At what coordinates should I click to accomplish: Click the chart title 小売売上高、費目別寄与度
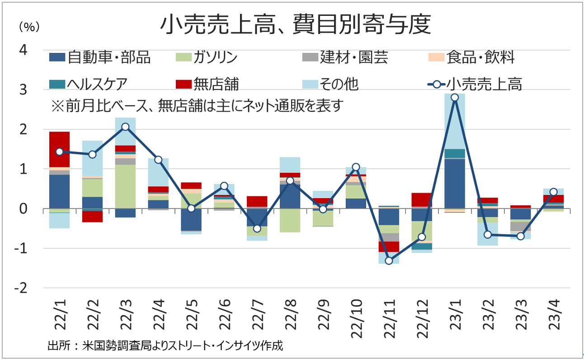[x=296, y=25]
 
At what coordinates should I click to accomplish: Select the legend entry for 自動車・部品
[x=100, y=57]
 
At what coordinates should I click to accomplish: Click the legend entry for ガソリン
[x=206, y=57]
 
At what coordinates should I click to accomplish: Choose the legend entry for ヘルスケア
[x=89, y=84]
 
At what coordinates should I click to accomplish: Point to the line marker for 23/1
[x=455, y=97]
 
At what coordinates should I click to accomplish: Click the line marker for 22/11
[x=389, y=261]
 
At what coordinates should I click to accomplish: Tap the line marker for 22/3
[x=125, y=127]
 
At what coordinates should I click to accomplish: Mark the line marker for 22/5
[x=191, y=208]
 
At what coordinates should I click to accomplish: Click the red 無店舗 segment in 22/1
[x=59, y=149]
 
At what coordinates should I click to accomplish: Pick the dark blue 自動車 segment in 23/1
[x=455, y=183]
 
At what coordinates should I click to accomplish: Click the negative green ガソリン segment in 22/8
[x=290, y=220]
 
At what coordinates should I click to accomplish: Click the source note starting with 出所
[x=165, y=346]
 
